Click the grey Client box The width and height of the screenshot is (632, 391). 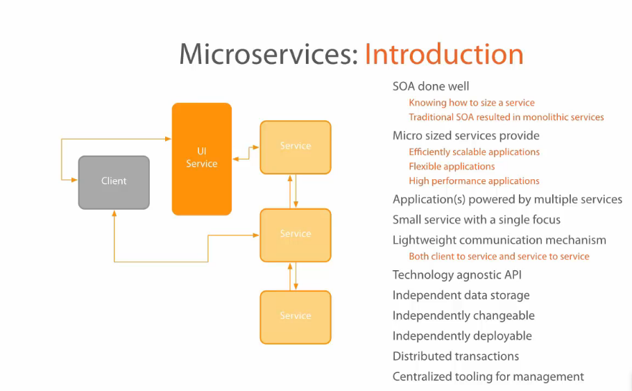point(114,182)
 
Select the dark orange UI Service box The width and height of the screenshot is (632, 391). point(202,158)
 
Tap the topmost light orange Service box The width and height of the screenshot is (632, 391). point(296,147)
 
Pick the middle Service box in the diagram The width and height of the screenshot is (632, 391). point(296,234)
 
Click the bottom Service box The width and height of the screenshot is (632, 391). point(296,317)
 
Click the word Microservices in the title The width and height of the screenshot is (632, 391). point(268,54)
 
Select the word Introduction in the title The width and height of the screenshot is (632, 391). point(444,54)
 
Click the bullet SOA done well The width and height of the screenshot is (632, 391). point(431,86)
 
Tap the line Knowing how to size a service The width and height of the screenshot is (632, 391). point(472,103)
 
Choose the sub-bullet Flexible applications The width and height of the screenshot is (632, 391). point(452,167)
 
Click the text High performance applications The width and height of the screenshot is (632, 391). point(474,181)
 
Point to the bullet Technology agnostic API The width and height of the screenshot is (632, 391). point(456,275)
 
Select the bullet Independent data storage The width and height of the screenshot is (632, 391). point(461,295)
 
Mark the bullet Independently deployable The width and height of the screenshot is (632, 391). point(462,336)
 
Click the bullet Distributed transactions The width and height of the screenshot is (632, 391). point(456,356)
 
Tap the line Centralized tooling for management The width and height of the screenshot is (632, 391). point(488,376)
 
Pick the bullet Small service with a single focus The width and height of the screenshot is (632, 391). point(477,220)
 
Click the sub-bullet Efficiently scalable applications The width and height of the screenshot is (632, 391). point(474,152)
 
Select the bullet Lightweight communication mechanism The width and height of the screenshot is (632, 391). point(499,240)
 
